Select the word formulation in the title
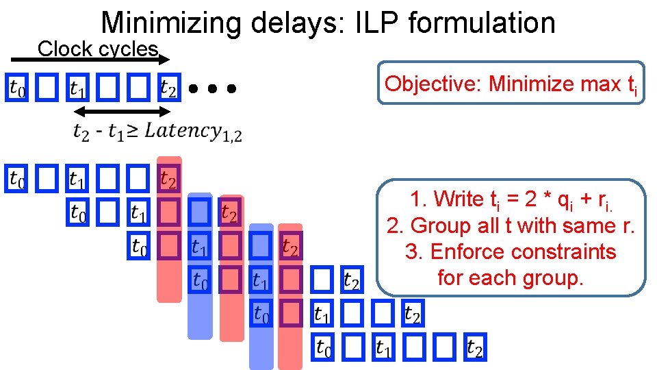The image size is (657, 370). pyautogui.click(x=482, y=23)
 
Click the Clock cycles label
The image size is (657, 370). pyautogui.click(x=98, y=49)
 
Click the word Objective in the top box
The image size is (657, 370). pyautogui.click(x=433, y=84)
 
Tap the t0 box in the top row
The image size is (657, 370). pyautogui.click(x=17, y=88)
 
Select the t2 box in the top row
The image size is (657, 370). pyautogui.click(x=168, y=88)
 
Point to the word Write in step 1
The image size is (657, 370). pyautogui.click(x=459, y=199)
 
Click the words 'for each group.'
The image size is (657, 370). pyautogui.click(x=510, y=277)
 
